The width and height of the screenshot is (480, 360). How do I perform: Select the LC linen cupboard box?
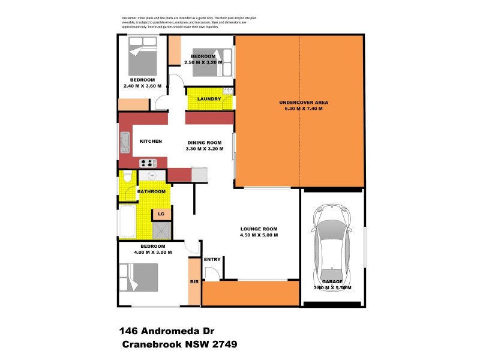click(x=161, y=214)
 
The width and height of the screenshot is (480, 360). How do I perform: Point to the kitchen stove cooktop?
click(x=148, y=163)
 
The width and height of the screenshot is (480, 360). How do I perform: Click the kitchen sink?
click(x=125, y=142)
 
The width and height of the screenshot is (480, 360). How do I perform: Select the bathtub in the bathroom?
click(x=127, y=221)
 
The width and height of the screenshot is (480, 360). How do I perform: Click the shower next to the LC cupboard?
click(x=162, y=231)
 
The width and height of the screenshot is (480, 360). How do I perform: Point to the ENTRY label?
click(x=212, y=259)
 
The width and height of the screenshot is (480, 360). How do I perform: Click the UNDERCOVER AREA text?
click(x=304, y=103)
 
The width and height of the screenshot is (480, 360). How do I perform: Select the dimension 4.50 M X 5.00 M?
click(x=259, y=236)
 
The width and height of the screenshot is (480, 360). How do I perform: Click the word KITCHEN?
click(x=151, y=141)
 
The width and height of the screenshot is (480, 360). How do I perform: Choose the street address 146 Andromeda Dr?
click(x=164, y=331)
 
